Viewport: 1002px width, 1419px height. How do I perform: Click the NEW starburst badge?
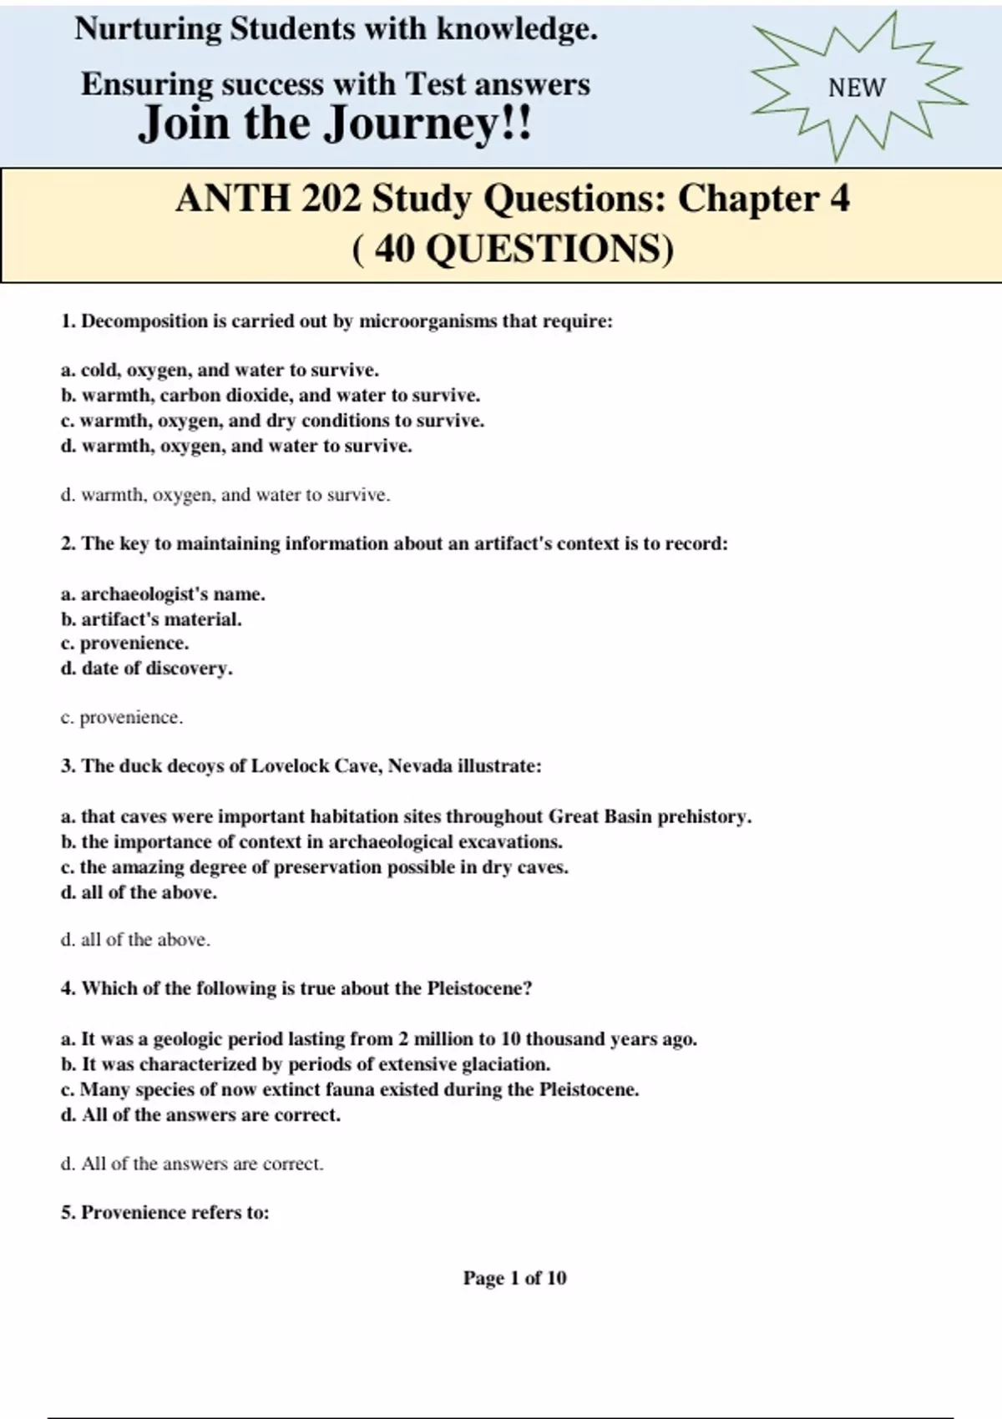click(858, 87)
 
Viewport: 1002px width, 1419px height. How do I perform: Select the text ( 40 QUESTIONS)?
click(513, 248)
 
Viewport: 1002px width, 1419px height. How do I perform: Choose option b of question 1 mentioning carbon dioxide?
click(271, 395)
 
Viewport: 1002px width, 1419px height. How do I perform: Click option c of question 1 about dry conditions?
click(272, 420)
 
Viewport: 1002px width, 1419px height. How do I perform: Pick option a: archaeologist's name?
click(163, 594)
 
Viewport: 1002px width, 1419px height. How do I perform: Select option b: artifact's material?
click(151, 619)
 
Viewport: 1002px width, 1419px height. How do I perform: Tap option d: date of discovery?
click(147, 669)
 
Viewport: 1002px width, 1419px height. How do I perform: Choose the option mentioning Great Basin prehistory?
click(406, 816)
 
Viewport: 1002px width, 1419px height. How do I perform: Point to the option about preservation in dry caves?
click(315, 866)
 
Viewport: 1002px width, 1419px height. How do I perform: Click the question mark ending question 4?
click(528, 989)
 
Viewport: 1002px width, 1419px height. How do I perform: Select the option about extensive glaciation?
click(306, 1064)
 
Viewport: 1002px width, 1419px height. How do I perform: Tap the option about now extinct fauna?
click(350, 1089)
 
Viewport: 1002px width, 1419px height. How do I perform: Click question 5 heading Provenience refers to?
click(165, 1213)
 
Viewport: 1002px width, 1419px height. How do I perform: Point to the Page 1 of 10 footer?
click(514, 1278)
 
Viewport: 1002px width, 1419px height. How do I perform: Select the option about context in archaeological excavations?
click(311, 841)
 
